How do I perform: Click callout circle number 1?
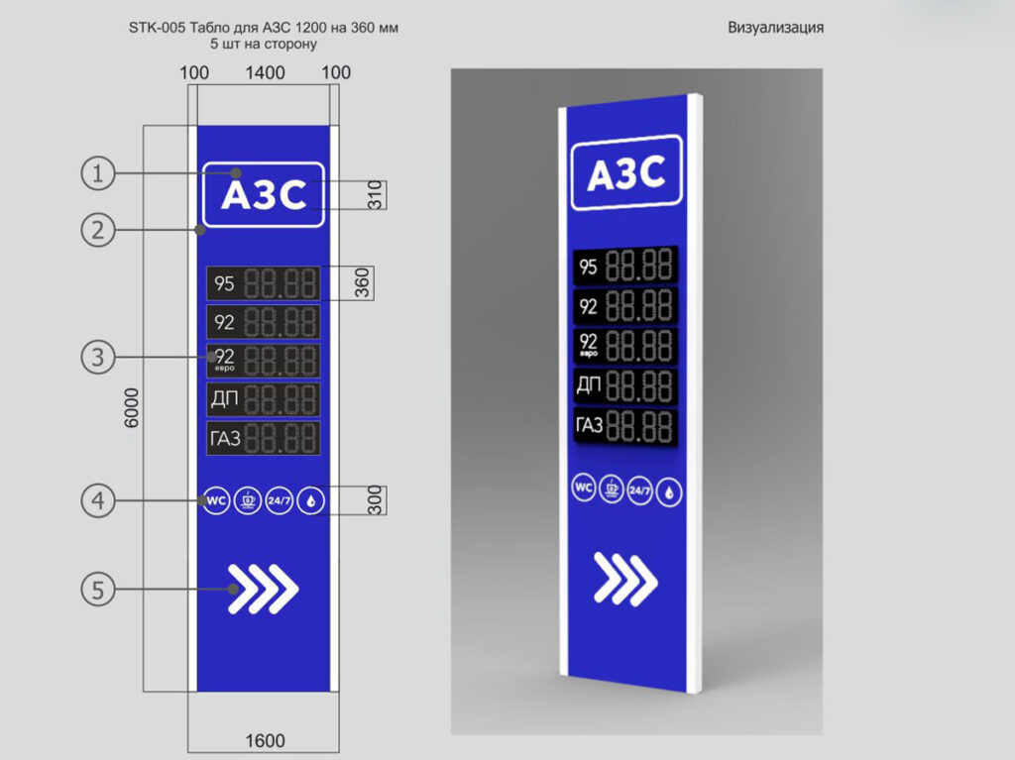[x=98, y=173]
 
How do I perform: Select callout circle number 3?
[x=98, y=357]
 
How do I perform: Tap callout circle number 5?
[x=98, y=590]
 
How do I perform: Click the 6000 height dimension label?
[x=132, y=408]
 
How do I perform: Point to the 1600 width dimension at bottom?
[x=265, y=740]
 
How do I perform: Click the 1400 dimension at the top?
[x=265, y=72]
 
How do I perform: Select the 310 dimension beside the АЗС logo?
[x=376, y=195]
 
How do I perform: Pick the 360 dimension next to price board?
[x=363, y=283]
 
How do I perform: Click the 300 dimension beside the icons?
[x=376, y=500]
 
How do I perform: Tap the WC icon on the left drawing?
[x=216, y=500]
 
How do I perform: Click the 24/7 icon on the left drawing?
[x=279, y=500]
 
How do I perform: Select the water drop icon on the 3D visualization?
[x=669, y=492]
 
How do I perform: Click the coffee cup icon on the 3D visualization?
[x=612, y=489]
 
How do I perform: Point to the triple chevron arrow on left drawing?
[x=263, y=589]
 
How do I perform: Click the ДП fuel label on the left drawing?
[x=225, y=398]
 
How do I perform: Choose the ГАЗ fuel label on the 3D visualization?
[x=589, y=425]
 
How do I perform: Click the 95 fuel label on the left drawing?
[x=224, y=283]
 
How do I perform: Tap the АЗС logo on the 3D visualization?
[x=626, y=172]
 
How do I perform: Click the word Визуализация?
[x=775, y=27]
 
